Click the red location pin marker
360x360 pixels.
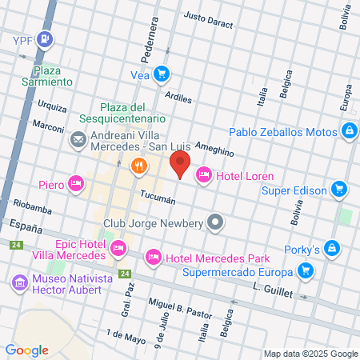180,166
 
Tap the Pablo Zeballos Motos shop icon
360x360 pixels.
349,132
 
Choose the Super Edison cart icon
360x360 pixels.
339,190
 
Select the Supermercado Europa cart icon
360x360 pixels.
305,271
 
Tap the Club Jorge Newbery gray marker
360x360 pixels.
215,223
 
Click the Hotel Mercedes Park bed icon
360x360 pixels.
153,258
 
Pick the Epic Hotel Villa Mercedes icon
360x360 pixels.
118,248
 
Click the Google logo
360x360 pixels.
26,350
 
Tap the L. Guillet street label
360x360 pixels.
273,289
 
